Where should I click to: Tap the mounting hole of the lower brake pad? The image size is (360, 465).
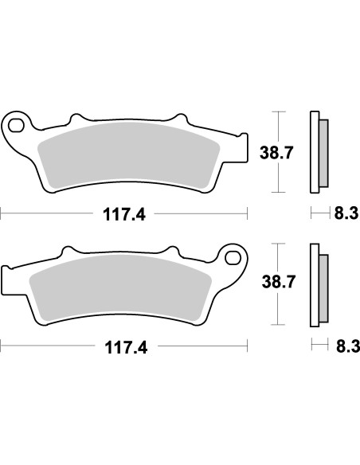pyautogui.click(x=233, y=258)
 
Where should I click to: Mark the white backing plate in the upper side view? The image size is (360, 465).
pyautogui.click(x=314, y=152)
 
